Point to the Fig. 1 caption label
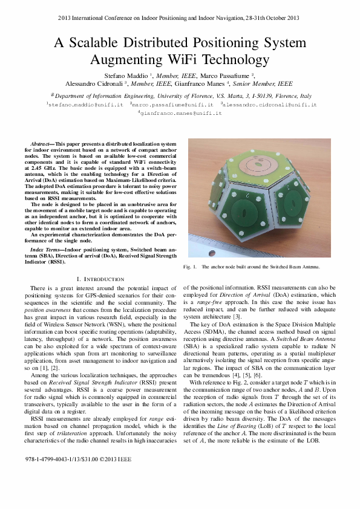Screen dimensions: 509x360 coord(190,267)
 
